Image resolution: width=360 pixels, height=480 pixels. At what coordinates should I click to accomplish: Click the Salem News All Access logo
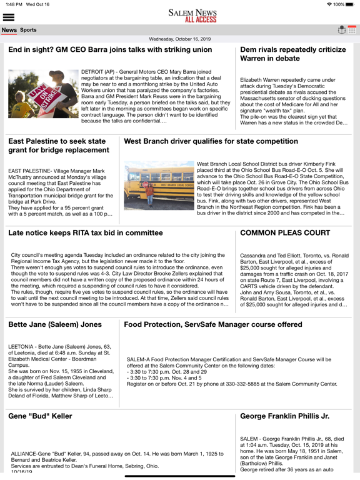179,16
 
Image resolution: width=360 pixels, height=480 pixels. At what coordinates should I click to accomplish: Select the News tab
9,30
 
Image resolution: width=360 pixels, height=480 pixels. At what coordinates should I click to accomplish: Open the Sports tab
28,30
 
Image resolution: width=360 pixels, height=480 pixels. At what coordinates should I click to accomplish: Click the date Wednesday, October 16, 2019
180,39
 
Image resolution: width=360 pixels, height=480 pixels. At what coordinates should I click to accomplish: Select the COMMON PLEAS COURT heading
281,233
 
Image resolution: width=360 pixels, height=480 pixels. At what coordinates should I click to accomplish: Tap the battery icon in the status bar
349,4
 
